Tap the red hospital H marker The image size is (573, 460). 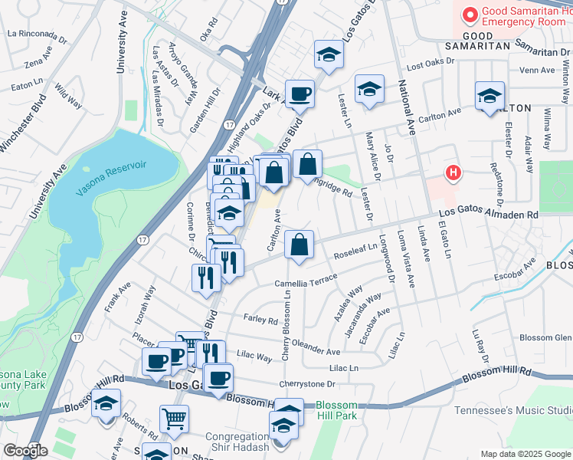pyautogui.click(x=453, y=173)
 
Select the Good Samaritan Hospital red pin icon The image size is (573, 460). pyautogui.click(x=470, y=14)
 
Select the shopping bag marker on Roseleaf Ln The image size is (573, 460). pyautogui.click(x=300, y=245)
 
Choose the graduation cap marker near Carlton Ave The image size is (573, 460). pyautogui.click(x=490, y=96)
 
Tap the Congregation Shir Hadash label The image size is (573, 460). pyautogui.click(x=237, y=442)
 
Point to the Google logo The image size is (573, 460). pyautogui.click(x=25, y=451)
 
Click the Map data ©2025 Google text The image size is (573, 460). pyautogui.click(x=525, y=454)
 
